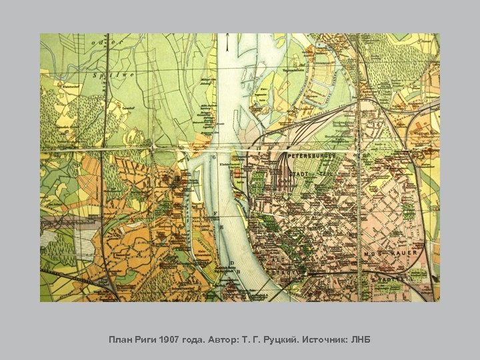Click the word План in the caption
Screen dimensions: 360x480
[x=121, y=340]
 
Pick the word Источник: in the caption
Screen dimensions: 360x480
[x=325, y=340]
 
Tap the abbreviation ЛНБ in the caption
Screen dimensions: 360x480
[x=361, y=340]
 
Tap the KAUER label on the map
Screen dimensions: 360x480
[x=406, y=253]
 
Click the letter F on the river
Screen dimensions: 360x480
[x=216, y=214]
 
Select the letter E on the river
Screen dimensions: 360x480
[x=221, y=227]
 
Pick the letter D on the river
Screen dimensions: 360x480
[x=231, y=263]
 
